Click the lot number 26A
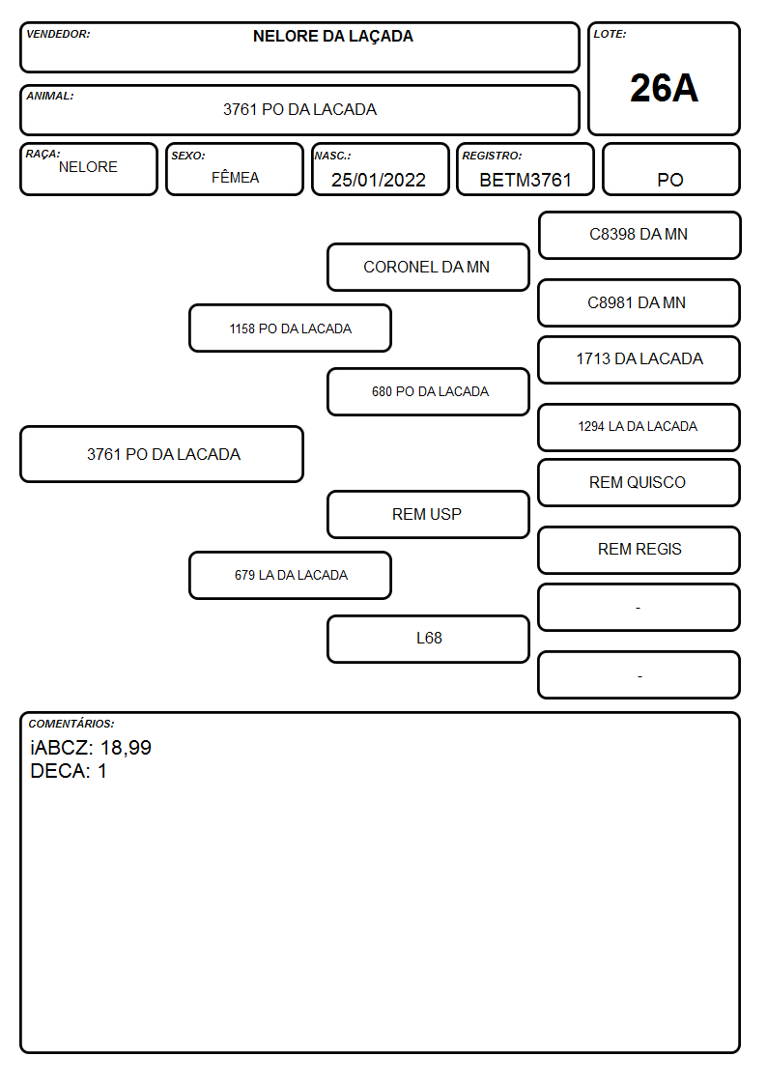(x=664, y=88)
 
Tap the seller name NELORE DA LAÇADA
(x=332, y=37)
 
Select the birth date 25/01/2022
(x=379, y=180)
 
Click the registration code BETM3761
(x=525, y=180)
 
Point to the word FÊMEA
(x=235, y=177)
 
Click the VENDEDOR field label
(x=58, y=34)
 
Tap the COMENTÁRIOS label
(x=71, y=723)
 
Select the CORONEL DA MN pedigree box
(x=428, y=267)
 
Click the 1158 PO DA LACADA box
(x=291, y=328)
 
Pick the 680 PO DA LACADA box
(x=428, y=391)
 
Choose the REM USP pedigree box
(x=428, y=514)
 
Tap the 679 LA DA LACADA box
(x=291, y=575)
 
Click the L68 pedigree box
(x=428, y=639)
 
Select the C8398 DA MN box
(x=639, y=236)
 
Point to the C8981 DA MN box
(x=639, y=302)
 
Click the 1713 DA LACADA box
(x=639, y=359)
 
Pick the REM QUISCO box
(x=639, y=482)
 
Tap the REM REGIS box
(x=639, y=550)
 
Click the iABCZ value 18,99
(x=126, y=748)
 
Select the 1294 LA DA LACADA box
(x=639, y=427)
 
